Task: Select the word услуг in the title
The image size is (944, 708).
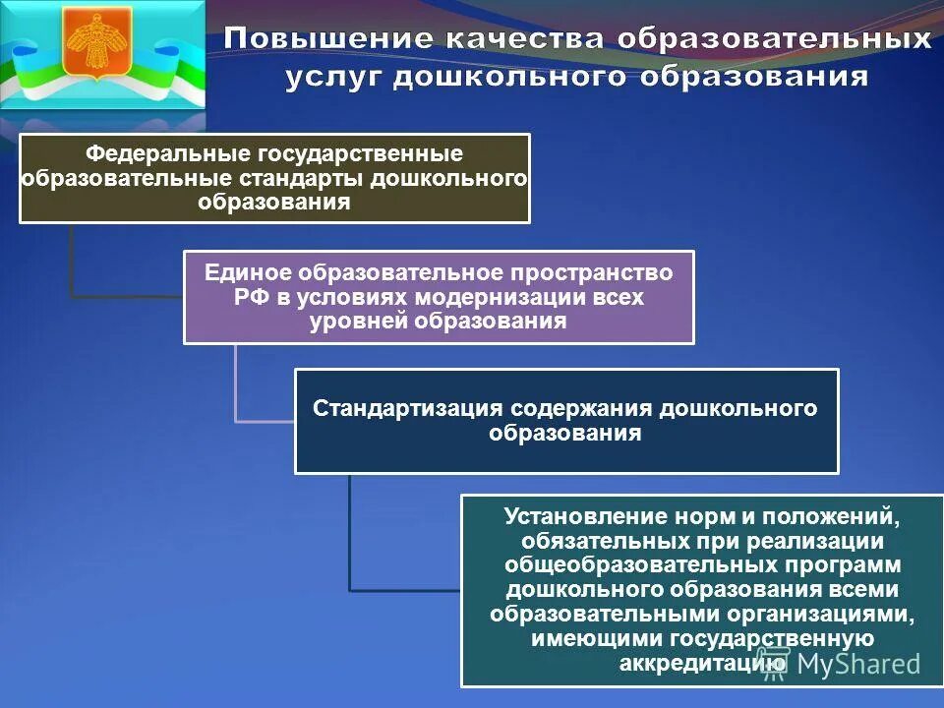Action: click(332, 78)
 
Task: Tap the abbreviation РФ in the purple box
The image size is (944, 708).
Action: click(247, 298)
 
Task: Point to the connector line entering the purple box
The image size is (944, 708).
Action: click(128, 295)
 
